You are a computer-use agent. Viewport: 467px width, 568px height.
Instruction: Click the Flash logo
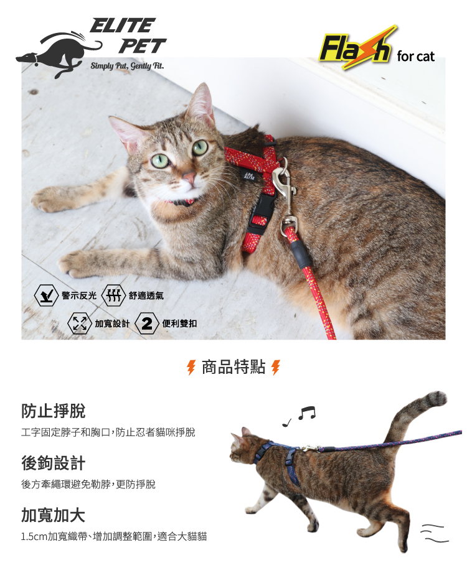357,47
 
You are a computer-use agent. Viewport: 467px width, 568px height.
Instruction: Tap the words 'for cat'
415,57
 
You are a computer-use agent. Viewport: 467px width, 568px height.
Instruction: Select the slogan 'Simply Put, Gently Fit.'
127,65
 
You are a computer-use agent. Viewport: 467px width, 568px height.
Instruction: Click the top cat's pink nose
189,177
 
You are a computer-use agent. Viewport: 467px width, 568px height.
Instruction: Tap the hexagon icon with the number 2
147,323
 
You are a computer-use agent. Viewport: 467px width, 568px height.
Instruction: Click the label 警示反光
79,296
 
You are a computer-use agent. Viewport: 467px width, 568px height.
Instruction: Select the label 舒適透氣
146,296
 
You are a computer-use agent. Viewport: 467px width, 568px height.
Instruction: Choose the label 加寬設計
112,323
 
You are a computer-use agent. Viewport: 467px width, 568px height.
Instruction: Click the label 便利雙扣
179,323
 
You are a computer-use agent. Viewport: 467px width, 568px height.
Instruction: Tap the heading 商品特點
233,367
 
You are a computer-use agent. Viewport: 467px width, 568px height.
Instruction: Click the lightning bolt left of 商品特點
191,367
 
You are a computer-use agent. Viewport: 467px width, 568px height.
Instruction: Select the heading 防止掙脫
54,411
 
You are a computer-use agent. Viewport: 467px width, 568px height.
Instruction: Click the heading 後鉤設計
54,463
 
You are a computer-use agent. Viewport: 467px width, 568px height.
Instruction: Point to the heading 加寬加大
54,515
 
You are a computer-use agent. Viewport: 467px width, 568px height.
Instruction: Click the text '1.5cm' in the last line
34,536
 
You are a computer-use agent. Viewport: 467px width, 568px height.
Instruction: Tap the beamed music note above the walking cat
307,413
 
